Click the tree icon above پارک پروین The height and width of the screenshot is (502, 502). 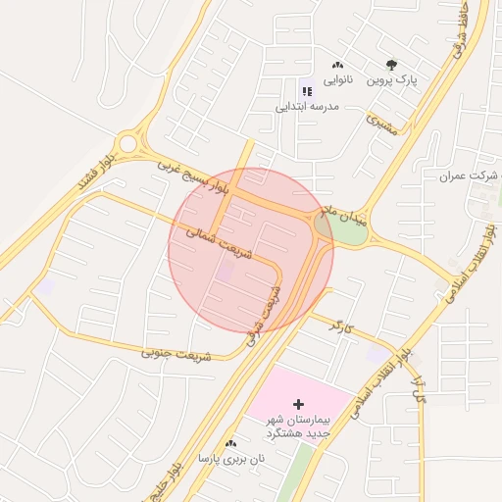pyautogui.click(x=391, y=66)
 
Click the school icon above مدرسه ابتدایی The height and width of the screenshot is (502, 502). pyautogui.click(x=306, y=91)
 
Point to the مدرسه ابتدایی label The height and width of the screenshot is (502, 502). pyautogui.click(x=306, y=105)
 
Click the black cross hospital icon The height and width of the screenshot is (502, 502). pyautogui.click(x=299, y=403)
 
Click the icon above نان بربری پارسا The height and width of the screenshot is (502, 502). pyautogui.click(x=231, y=444)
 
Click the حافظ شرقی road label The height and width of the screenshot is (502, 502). pyautogui.click(x=459, y=33)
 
